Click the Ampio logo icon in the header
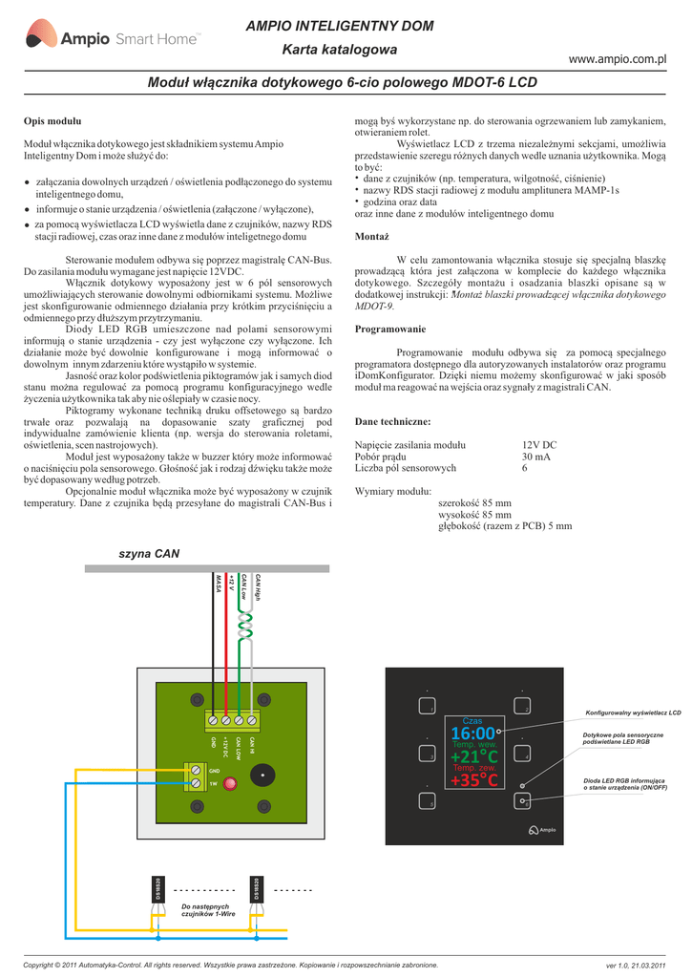41,38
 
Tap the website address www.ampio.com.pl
617,59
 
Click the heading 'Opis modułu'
52,121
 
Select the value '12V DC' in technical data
539,445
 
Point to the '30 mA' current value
535,457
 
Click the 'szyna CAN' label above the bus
149,554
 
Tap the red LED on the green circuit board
230,783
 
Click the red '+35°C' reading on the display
474,780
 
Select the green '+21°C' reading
474,756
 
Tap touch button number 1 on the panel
426,708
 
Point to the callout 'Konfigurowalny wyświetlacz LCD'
633,712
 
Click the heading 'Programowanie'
389,328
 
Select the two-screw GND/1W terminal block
196,776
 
